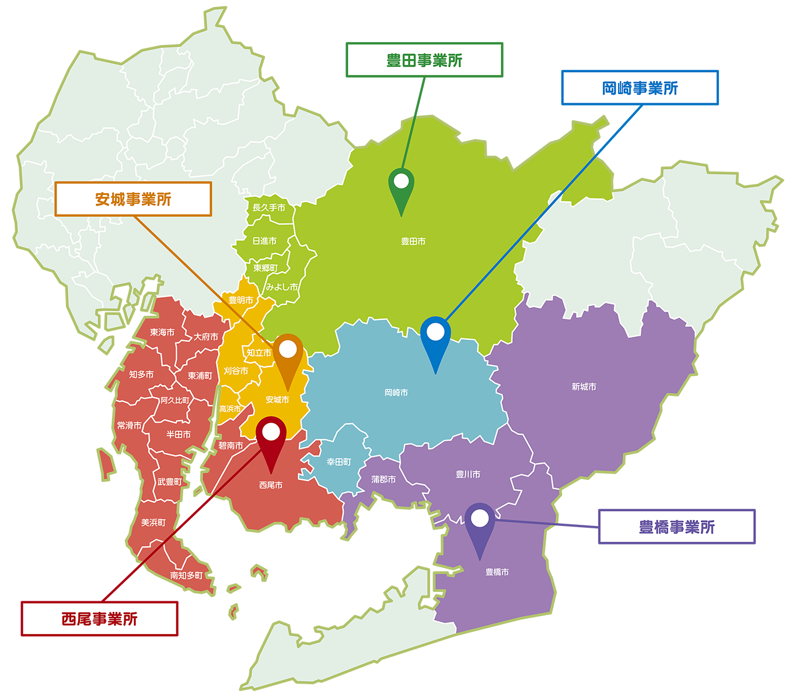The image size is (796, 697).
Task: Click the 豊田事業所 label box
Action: click(x=424, y=60)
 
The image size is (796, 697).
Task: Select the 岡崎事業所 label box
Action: click(x=640, y=88)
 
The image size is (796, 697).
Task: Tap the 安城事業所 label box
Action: click(x=133, y=199)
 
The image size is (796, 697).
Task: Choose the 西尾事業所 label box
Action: click(x=99, y=618)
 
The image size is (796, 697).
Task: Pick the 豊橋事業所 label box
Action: click(x=676, y=527)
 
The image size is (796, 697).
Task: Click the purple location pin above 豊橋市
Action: click(x=480, y=523)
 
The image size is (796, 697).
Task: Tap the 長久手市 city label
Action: click(x=268, y=208)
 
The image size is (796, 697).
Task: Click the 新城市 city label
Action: click(x=584, y=386)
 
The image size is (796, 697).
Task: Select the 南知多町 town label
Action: click(x=187, y=575)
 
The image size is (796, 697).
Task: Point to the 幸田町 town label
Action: click(x=338, y=462)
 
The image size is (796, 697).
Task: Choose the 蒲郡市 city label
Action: click(x=383, y=479)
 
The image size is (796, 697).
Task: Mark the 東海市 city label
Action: click(x=162, y=332)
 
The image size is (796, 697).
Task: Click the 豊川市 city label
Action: click(x=468, y=474)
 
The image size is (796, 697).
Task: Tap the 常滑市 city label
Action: click(x=129, y=425)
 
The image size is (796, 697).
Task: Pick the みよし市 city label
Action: click(x=282, y=287)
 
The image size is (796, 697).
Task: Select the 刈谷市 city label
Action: click(x=236, y=371)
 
